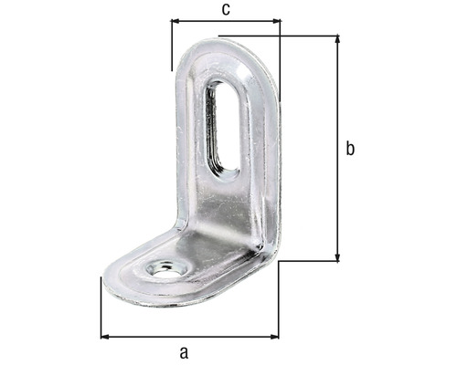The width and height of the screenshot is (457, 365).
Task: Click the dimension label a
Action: [x=184, y=352]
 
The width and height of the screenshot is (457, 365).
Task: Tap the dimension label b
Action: [x=350, y=150]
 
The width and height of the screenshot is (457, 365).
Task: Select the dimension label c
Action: [x=225, y=9]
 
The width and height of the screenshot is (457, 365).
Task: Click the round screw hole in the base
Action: [x=165, y=270]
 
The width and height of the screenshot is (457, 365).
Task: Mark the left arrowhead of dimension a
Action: [x=104, y=337]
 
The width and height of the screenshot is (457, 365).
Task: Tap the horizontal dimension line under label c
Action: [x=225, y=20]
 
